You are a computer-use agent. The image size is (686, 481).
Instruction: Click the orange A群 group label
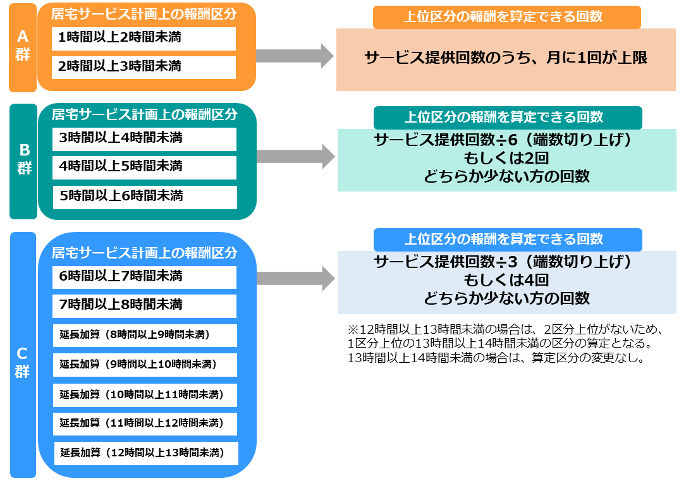tap(23, 47)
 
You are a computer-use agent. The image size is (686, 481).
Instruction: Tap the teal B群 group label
tap(23, 161)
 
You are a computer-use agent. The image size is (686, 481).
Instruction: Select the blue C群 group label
tap(23, 355)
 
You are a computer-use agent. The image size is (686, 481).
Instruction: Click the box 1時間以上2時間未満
tap(144, 39)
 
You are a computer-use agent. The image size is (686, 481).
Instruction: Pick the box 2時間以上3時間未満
tap(144, 68)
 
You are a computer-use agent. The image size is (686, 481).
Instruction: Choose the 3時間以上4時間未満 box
tap(144, 139)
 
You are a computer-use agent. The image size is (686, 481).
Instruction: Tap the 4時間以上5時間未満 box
tap(144, 167)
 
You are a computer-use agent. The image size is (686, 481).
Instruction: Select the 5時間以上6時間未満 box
tap(145, 197)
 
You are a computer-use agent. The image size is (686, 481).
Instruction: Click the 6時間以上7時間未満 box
tap(144, 277)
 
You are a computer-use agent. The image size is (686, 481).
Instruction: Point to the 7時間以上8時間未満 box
tap(144, 306)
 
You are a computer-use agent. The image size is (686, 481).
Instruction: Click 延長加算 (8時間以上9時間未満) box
tap(145, 336)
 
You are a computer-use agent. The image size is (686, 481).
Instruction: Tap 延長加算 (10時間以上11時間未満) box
tap(145, 395)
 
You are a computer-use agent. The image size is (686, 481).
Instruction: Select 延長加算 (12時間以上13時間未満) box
tap(146, 453)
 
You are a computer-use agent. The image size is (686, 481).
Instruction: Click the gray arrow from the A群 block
tap(295, 56)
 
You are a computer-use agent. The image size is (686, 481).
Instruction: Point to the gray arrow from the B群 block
tap(296, 157)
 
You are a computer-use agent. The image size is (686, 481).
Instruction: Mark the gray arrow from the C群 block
tap(296, 279)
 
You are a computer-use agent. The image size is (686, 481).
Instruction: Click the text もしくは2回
tap(506, 158)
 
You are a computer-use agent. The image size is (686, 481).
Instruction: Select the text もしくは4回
tap(506, 280)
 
